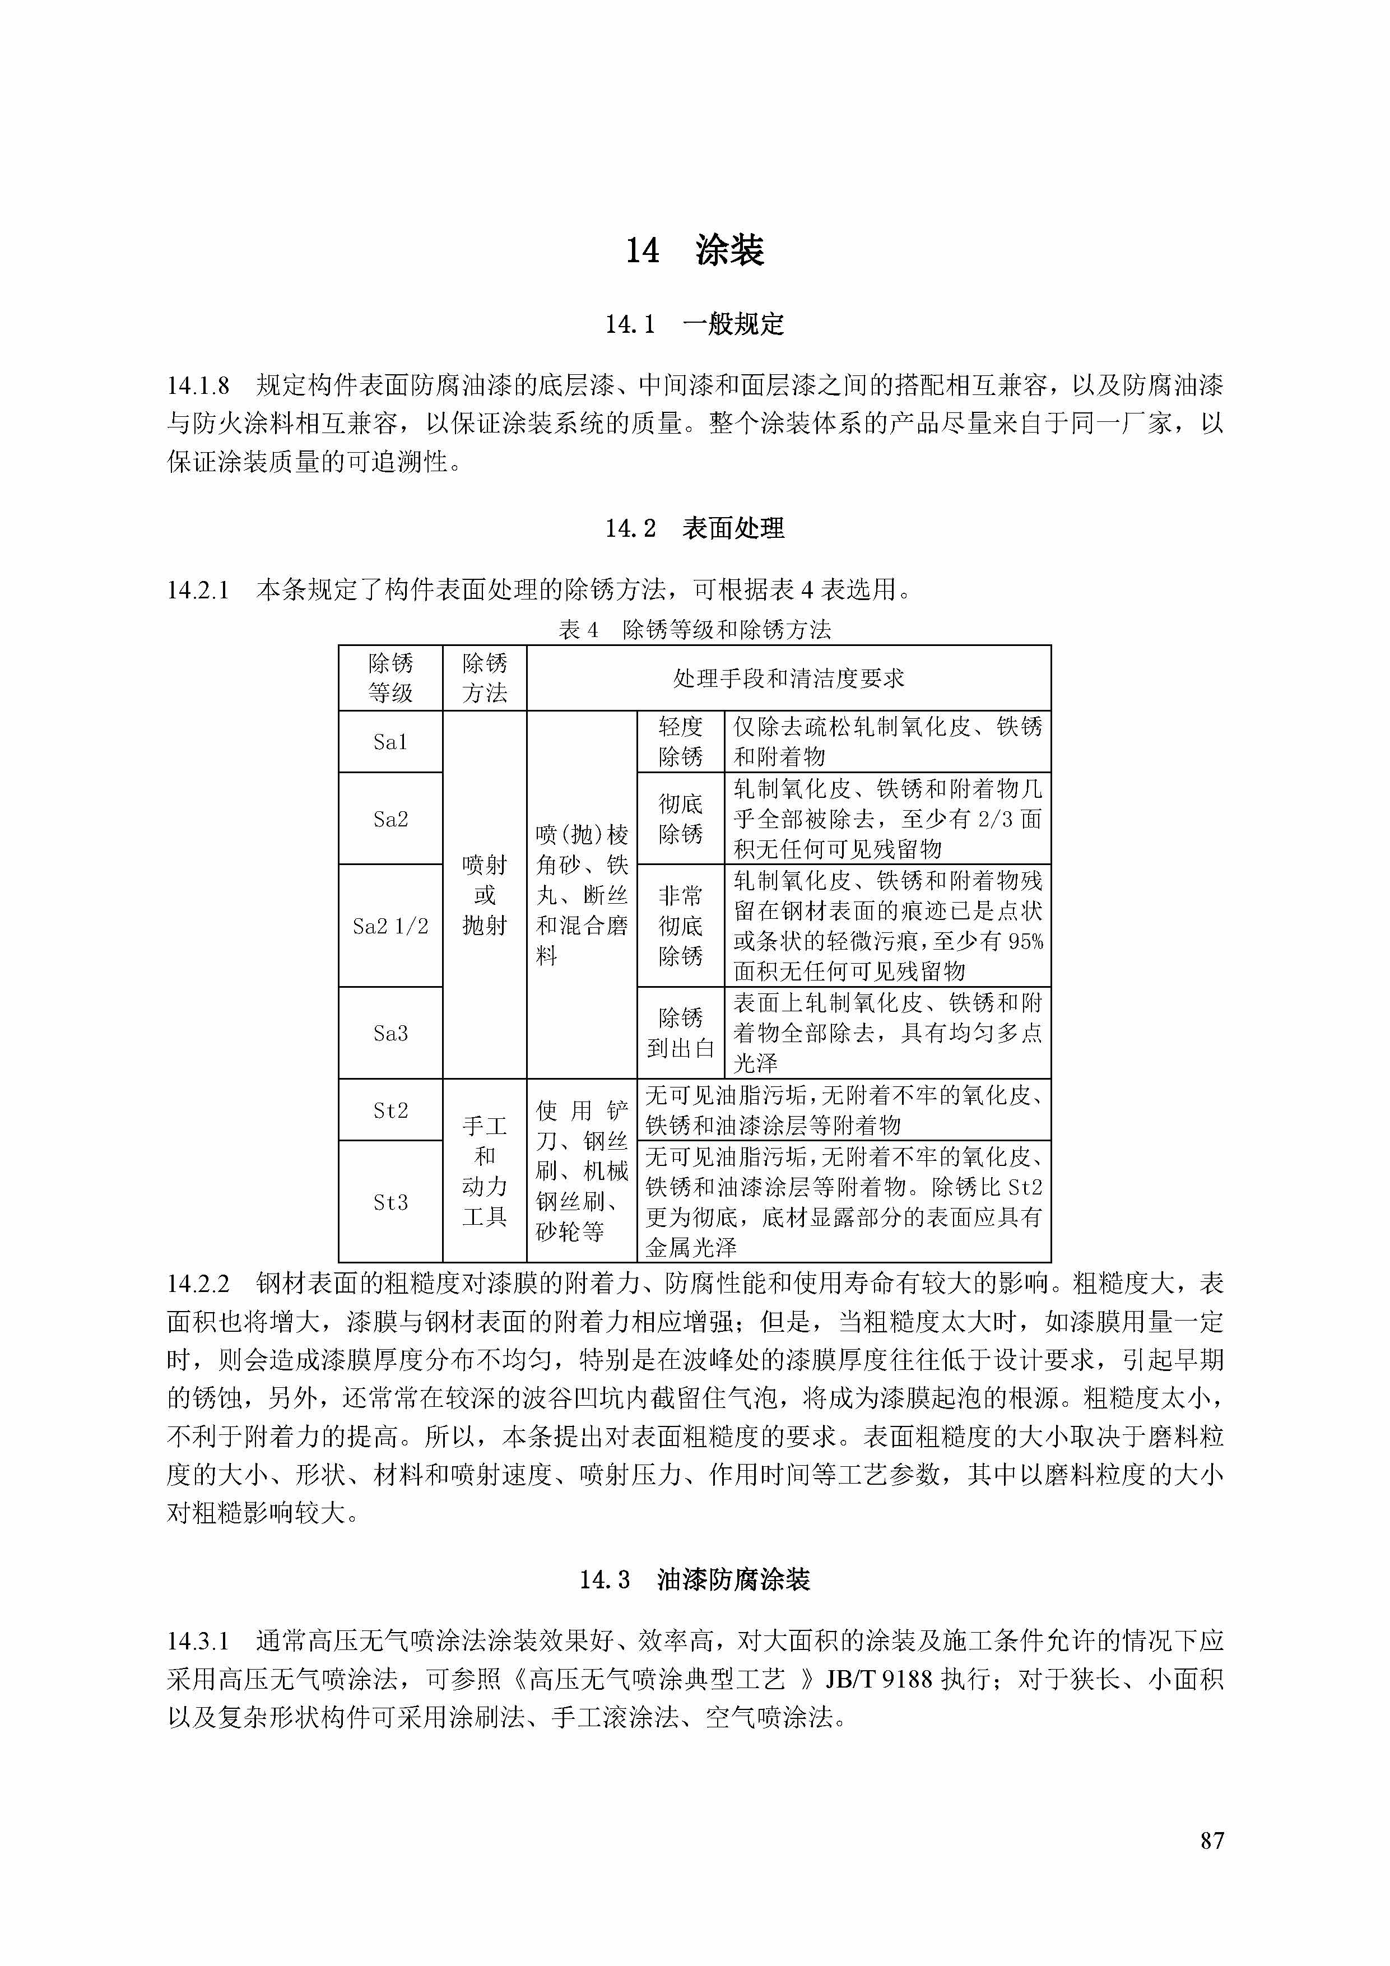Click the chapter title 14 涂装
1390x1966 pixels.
[694, 250]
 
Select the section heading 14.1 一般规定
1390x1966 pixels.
[694, 324]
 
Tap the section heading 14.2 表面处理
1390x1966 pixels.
[694, 528]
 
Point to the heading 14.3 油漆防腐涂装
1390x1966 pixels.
[694, 1580]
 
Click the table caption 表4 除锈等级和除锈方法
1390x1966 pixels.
[694, 630]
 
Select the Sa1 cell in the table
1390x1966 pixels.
[390, 742]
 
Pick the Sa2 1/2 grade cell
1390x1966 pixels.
[390, 926]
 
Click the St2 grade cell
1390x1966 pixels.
[390, 1110]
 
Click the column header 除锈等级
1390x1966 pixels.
[390, 678]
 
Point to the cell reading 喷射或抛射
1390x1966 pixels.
[485, 895]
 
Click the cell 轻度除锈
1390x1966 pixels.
[680, 742]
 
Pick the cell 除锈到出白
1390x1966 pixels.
[680, 1033]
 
